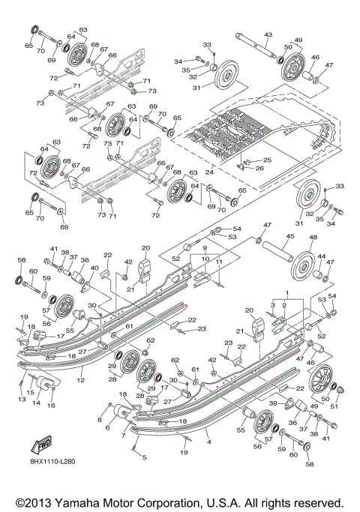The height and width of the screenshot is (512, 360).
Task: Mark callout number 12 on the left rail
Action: (x=80, y=381)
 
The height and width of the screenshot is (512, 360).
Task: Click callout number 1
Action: (x=285, y=290)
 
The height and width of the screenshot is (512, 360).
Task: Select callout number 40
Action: (x=94, y=268)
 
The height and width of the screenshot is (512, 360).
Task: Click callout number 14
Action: (x=36, y=402)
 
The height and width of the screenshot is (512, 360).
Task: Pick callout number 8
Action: (x=99, y=421)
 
